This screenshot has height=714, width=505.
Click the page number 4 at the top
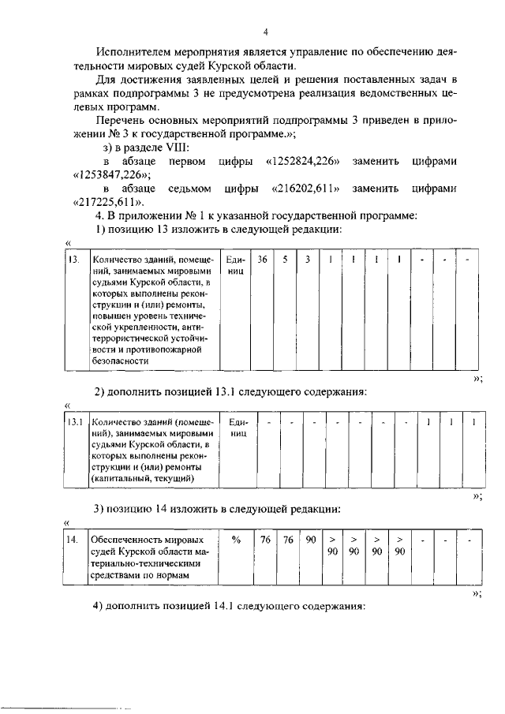[x=266, y=32]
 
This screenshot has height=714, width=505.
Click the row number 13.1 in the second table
[x=75, y=423]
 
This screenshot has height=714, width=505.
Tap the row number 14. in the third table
[x=73, y=540]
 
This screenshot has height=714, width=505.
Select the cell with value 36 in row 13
[x=263, y=259]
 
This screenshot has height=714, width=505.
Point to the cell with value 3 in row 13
[x=309, y=259]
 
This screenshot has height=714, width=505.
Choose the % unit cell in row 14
[x=236, y=540]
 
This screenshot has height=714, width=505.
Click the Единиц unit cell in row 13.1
[x=238, y=428]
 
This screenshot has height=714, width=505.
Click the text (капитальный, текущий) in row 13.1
[x=143, y=478]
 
